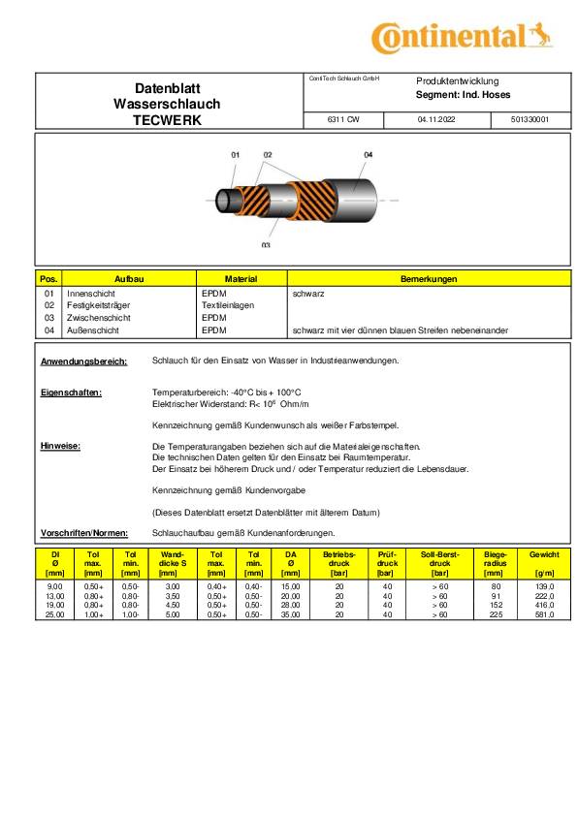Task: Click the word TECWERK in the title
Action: coord(167,120)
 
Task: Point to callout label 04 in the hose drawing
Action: coord(368,155)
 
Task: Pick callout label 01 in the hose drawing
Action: coord(236,155)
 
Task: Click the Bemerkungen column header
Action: coord(429,279)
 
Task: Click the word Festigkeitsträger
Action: coord(100,304)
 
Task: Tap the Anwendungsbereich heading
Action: coord(84,361)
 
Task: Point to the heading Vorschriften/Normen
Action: coord(85,533)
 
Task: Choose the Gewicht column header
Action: coord(543,554)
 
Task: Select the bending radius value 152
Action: coord(497,605)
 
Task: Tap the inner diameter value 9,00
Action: coord(55,587)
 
